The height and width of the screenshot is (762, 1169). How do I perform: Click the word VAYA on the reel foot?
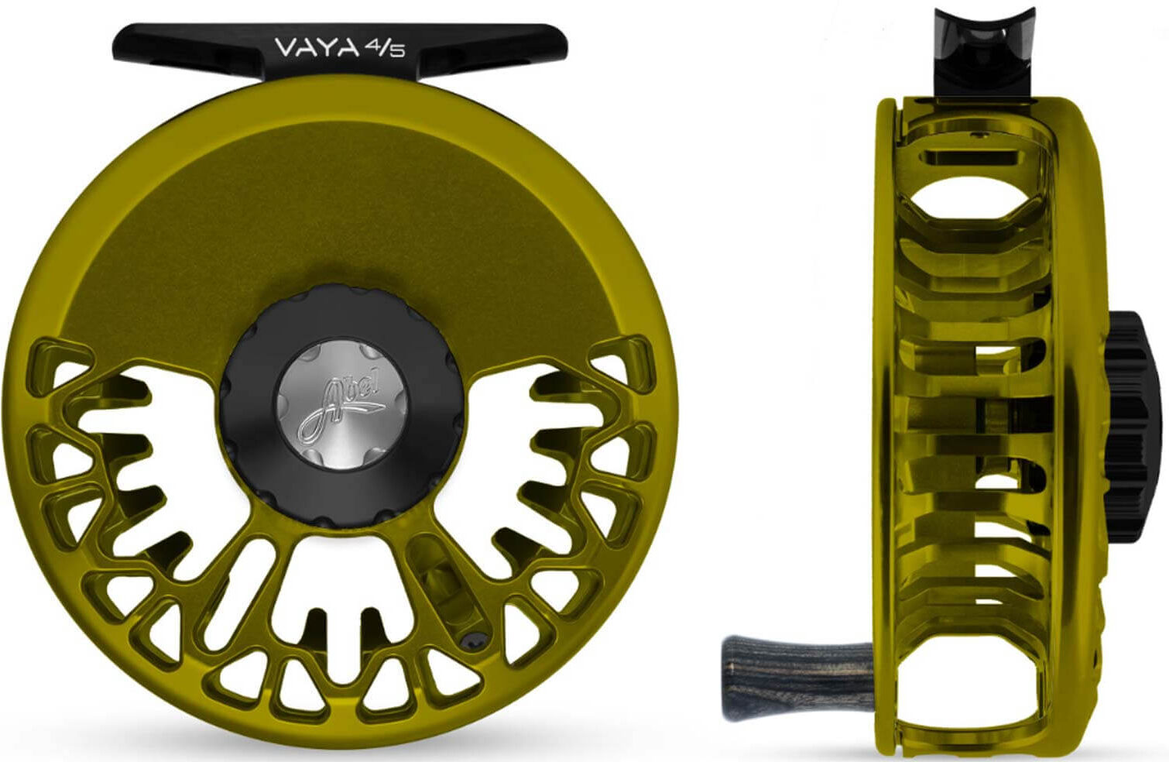pos(317,48)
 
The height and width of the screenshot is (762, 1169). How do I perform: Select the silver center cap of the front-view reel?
pos(342,403)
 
